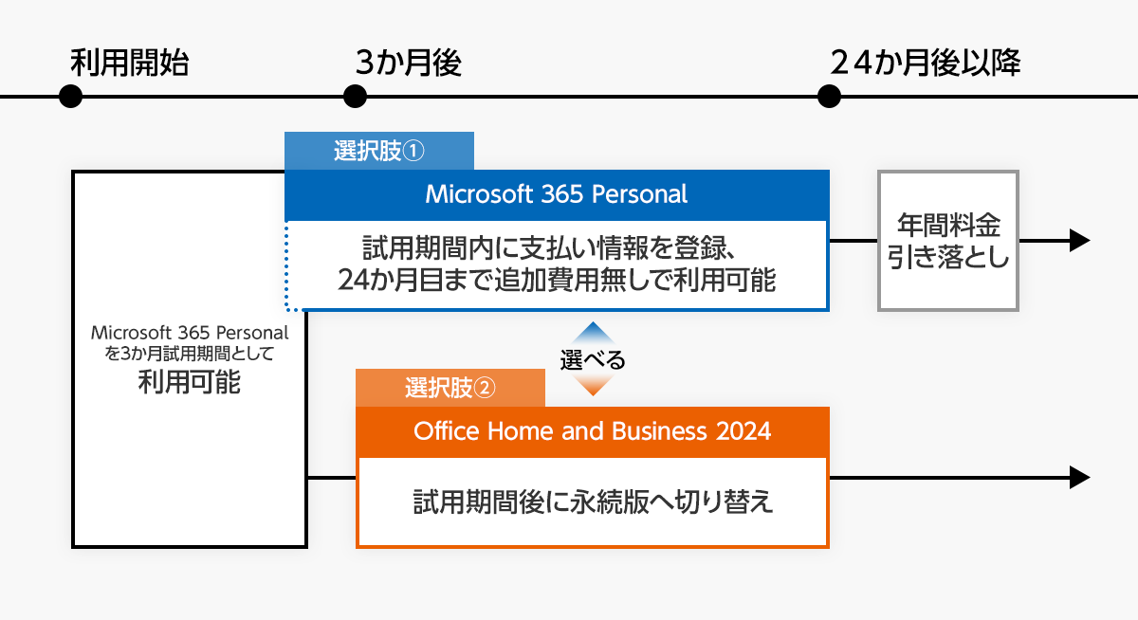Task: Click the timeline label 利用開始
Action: point(130,64)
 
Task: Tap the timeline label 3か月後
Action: point(408,64)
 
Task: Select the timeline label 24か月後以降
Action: point(925,64)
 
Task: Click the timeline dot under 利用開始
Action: point(70,97)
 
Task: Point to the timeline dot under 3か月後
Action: point(355,97)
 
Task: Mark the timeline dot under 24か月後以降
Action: point(829,97)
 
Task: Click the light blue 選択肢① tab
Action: point(379,152)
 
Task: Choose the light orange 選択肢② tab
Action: point(450,388)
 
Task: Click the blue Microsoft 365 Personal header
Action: point(557,194)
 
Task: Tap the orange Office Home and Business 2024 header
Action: point(592,431)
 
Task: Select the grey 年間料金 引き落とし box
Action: point(948,241)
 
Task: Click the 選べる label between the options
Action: point(593,360)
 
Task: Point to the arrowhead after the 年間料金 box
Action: point(1079,241)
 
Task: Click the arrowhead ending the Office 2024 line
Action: point(1079,478)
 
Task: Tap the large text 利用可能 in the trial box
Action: point(189,383)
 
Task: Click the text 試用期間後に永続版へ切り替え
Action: point(593,501)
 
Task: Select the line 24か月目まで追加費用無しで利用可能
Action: point(557,281)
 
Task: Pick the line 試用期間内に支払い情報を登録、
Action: point(550,250)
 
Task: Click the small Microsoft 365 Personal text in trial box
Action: point(189,333)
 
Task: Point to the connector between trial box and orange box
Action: point(332,478)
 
